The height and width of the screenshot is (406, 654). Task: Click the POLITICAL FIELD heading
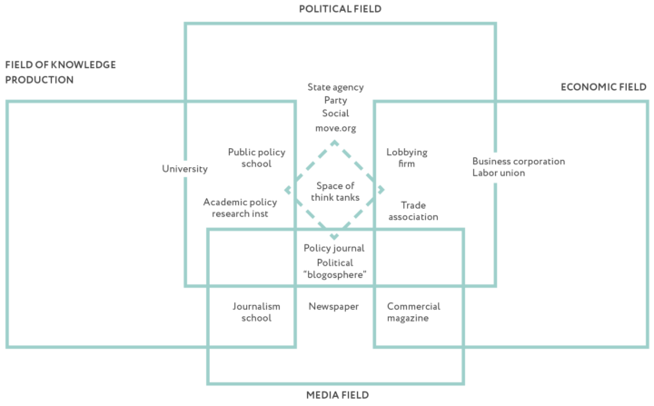341,8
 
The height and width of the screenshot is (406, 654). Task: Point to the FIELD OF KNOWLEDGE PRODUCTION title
62,73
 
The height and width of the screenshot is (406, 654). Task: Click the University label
184,169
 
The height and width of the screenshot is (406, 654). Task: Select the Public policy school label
249,159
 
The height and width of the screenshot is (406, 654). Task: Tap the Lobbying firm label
406,159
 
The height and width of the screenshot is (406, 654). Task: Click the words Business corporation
518,162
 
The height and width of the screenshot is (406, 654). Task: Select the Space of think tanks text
334,192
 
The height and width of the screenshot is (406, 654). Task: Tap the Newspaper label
333,307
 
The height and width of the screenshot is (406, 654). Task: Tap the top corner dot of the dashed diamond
333,143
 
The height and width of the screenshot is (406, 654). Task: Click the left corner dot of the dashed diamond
288,191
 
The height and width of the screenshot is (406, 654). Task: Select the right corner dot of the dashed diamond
381,191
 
